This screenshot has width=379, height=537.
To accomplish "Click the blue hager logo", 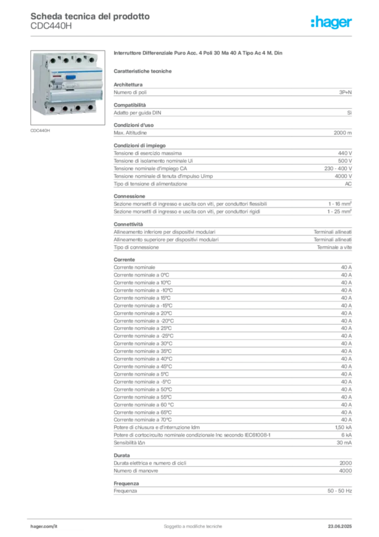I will [x=332, y=23].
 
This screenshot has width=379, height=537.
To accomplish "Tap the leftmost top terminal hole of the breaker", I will [x=52, y=61].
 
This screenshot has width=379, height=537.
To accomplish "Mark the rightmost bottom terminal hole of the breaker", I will [x=90, y=108].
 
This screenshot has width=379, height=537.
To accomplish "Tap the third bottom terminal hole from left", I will [x=79, y=108].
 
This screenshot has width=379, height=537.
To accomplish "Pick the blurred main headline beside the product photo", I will [x=199, y=54].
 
